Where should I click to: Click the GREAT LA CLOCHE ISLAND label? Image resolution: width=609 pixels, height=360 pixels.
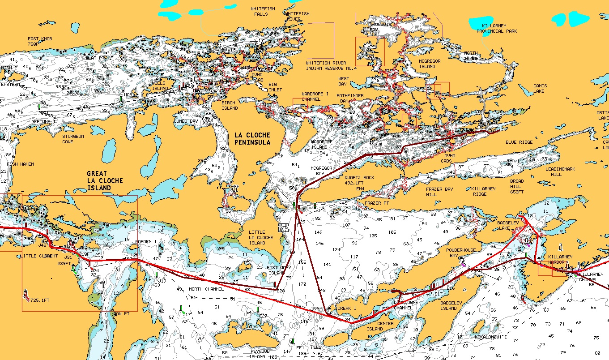tap(105, 180)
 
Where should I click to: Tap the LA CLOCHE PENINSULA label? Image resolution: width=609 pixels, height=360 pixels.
tap(252, 138)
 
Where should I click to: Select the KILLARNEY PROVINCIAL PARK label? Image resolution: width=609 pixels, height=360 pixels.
tap(497, 29)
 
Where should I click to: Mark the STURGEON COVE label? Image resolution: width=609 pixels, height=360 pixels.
tap(73, 139)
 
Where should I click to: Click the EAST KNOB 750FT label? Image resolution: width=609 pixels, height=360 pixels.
tap(40, 42)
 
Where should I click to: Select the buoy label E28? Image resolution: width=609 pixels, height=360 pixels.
tap(281, 291)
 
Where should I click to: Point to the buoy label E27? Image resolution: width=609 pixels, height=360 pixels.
tap(263, 316)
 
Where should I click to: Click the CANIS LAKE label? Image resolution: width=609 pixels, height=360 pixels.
tap(539, 88)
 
